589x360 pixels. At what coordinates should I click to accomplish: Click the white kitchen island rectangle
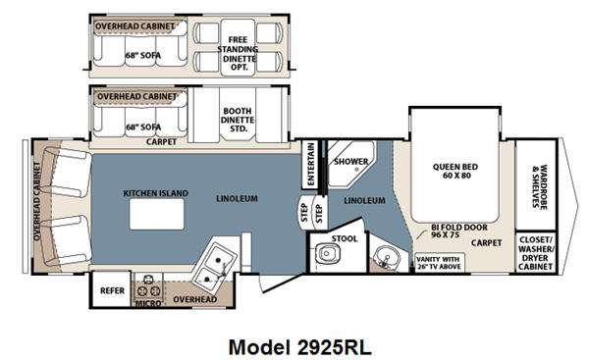click(x=157, y=214)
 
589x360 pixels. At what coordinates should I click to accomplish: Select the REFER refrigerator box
click(x=112, y=289)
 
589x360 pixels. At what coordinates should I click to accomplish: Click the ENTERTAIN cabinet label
click(x=310, y=164)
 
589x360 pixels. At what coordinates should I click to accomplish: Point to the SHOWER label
click(x=351, y=162)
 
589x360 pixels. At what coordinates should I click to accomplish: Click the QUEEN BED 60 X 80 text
click(x=455, y=171)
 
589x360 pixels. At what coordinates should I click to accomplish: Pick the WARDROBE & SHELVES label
click(x=539, y=186)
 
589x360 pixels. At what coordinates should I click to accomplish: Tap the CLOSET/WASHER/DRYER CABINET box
click(x=535, y=252)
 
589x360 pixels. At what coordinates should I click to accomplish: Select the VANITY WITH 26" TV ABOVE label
click(x=438, y=263)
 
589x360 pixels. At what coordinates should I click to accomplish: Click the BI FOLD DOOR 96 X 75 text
click(x=459, y=231)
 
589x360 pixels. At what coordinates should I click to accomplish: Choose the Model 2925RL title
click(x=299, y=347)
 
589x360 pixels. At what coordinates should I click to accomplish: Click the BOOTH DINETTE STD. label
click(x=238, y=120)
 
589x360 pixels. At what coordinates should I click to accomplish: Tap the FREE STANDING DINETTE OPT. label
click(x=238, y=53)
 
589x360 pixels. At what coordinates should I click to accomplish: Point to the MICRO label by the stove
click(x=148, y=303)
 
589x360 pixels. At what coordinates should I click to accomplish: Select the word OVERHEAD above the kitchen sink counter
click(x=195, y=299)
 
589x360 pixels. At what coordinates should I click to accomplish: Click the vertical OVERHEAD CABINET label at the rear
click(x=37, y=201)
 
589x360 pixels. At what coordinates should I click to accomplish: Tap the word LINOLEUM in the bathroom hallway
click(x=364, y=201)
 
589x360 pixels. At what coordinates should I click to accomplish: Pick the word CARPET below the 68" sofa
click(x=161, y=142)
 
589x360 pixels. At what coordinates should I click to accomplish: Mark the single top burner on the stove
click(x=149, y=279)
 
